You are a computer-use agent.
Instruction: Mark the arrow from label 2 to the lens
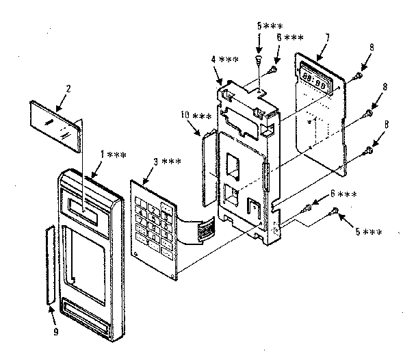59,103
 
